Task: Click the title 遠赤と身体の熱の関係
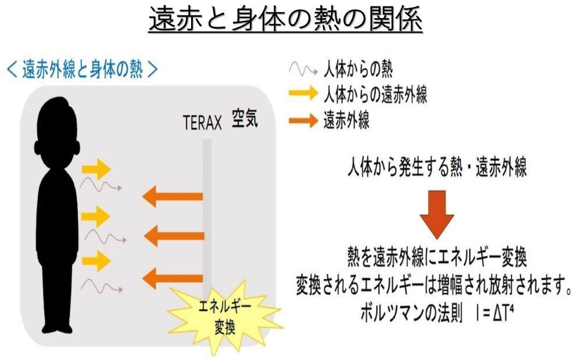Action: click(285, 19)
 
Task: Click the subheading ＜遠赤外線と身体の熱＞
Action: click(83, 69)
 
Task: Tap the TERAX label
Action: click(202, 123)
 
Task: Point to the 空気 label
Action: click(245, 118)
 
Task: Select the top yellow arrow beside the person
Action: click(96, 169)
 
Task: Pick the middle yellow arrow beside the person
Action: click(96, 216)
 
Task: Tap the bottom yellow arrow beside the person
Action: click(96, 261)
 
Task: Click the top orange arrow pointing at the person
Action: click(173, 196)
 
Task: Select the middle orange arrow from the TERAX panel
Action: click(174, 236)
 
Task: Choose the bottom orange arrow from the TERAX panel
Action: click(173, 278)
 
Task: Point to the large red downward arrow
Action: click(437, 214)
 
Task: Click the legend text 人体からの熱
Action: click(358, 69)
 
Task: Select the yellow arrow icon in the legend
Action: click(303, 92)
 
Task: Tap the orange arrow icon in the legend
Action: click(303, 120)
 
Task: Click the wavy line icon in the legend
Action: click(303, 69)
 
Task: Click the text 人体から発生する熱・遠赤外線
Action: click(437, 167)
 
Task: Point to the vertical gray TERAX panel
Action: click(207, 218)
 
